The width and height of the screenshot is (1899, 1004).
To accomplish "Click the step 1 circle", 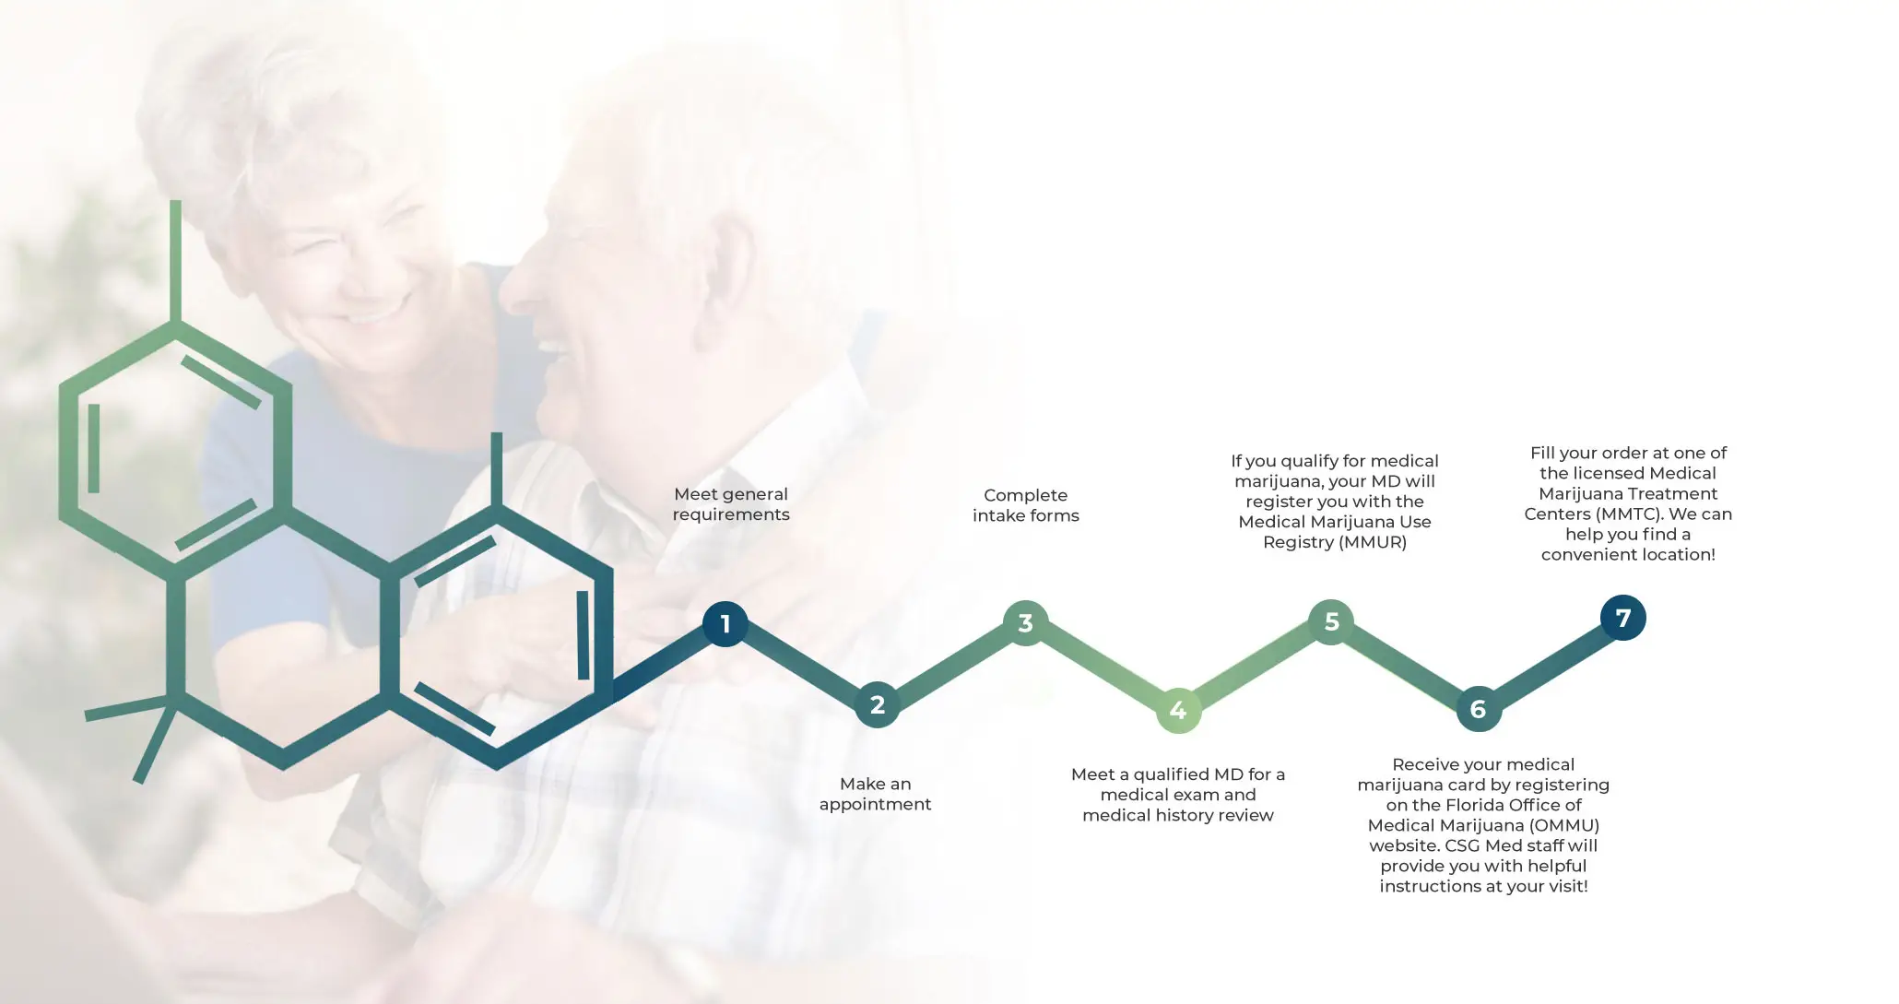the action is [725, 624].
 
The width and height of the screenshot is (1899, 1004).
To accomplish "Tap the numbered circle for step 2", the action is [877, 705].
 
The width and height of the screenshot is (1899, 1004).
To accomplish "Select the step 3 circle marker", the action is [1025, 623].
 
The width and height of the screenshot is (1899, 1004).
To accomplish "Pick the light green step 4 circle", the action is [1178, 710].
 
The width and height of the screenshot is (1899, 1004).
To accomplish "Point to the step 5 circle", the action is [1331, 621].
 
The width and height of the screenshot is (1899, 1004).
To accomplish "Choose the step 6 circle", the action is [1479, 709].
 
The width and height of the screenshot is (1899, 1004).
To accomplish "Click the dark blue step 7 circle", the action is [1623, 618].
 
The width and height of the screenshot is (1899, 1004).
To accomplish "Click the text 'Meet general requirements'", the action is [731, 504].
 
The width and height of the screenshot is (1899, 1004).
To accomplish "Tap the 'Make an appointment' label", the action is [875, 794].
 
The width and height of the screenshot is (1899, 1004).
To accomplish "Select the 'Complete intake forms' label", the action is [1026, 505].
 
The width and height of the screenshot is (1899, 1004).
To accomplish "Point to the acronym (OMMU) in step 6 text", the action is [1564, 825].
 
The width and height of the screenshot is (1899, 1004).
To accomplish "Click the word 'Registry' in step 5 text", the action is [1298, 542].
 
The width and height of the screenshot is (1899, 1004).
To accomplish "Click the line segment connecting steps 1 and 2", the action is [801, 665].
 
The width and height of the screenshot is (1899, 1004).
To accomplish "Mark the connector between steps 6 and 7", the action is [1551, 664].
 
